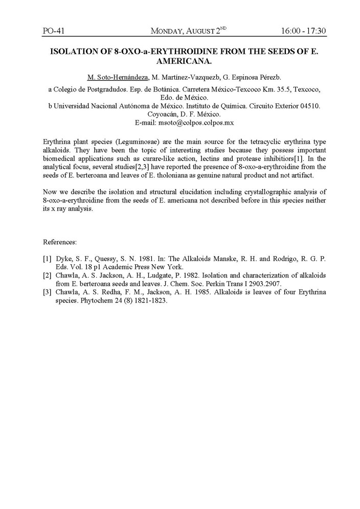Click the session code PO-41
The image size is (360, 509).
pyautogui.click(x=53, y=32)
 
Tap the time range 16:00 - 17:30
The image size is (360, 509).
pyautogui.click(x=303, y=32)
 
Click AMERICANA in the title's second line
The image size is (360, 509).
pyautogui.click(x=180, y=62)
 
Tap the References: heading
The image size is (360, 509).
pyautogui.click(x=60, y=241)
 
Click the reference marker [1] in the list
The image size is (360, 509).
pyautogui.click(x=47, y=259)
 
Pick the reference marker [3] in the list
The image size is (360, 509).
pyautogui.click(x=47, y=292)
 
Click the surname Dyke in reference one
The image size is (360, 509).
pyautogui.click(x=63, y=259)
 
